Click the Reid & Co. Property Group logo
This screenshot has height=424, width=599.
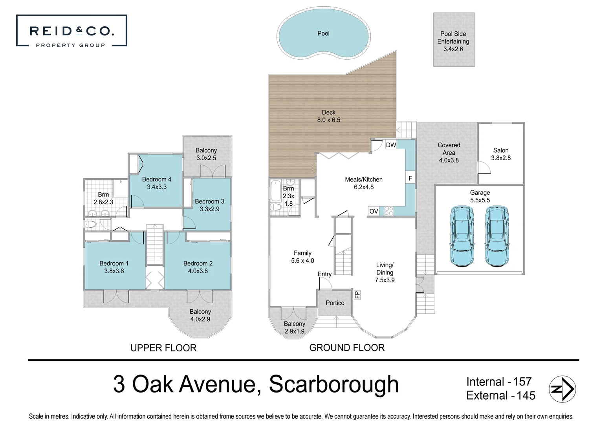click(71, 31)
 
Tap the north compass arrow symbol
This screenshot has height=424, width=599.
click(562, 389)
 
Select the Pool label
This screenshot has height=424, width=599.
click(323, 33)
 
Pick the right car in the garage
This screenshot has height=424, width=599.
click(497, 236)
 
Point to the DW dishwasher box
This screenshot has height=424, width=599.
click(391, 145)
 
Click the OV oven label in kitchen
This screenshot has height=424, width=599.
click(374, 211)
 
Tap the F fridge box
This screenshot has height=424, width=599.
click(410, 178)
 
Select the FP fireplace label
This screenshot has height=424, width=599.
click(357, 295)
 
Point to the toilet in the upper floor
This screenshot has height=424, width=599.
click(91, 224)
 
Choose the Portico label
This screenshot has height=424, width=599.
click(335, 303)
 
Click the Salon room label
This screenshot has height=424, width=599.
click(501, 150)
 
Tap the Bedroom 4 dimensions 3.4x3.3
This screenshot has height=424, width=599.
click(157, 187)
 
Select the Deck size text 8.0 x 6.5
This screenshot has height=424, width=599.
click(329, 120)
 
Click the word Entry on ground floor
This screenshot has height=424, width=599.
click(324, 274)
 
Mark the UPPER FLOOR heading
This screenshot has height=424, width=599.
click(163, 348)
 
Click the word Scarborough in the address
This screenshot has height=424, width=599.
click(333, 384)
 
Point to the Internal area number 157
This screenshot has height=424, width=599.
click(522, 382)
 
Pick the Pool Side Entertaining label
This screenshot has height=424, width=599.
click(453, 41)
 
